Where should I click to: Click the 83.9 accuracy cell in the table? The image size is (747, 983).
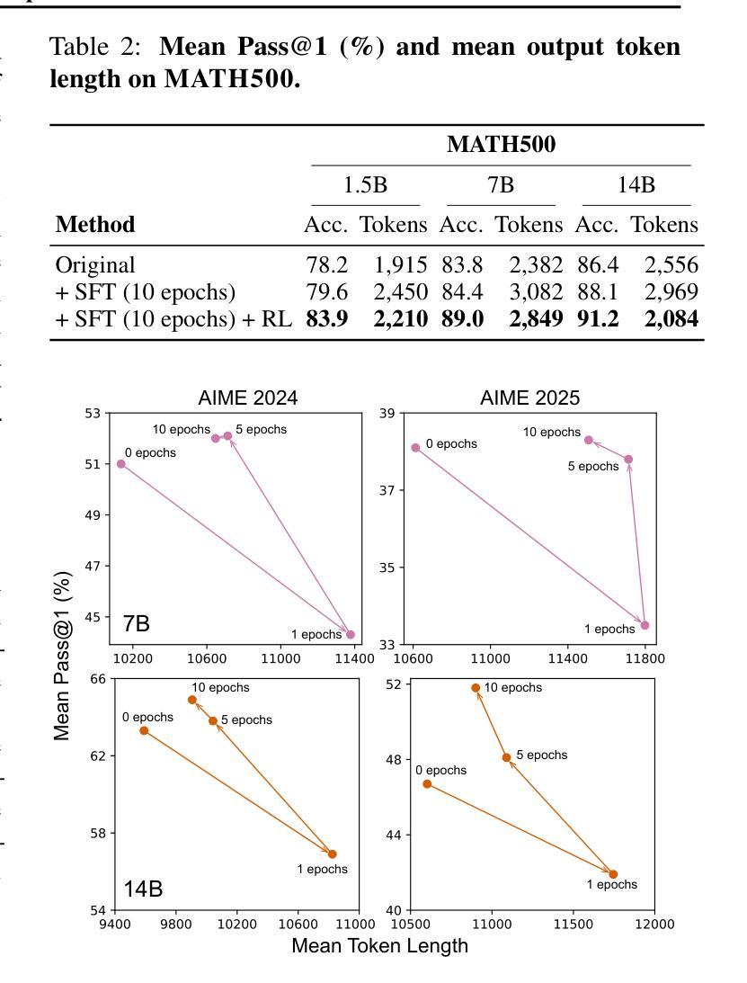click(x=327, y=319)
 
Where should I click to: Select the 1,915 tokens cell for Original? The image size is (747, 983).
click(x=401, y=265)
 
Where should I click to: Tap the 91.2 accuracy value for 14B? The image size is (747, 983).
click(x=598, y=319)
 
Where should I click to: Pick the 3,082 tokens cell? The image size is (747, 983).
click(x=537, y=292)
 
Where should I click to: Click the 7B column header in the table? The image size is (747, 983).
click(x=501, y=185)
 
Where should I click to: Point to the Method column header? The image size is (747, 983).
click(x=95, y=225)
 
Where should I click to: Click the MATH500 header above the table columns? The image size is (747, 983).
click(x=502, y=144)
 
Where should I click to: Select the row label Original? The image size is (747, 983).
click(x=95, y=265)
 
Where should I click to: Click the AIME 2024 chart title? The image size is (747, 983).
click(x=248, y=398)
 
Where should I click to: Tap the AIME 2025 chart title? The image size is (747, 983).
click(x=530, y=398)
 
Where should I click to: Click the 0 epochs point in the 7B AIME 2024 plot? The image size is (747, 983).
click(x=121, y=464)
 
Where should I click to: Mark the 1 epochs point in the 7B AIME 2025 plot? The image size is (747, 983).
click(x=645, y=625)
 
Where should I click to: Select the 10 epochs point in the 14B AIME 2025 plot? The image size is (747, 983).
click(x=476, y=688)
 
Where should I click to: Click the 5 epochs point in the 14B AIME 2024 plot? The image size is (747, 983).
click(x=213, y=721)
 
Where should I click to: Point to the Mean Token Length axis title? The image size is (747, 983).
click(x=379, y=945)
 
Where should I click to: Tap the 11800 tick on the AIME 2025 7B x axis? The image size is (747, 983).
click(x=645, y=658)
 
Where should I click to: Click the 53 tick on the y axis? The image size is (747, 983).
click(x=93, y=413)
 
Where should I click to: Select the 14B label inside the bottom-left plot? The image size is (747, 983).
click(x=144, y=889)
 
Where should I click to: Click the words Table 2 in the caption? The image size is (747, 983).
click(x=95, y=47)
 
